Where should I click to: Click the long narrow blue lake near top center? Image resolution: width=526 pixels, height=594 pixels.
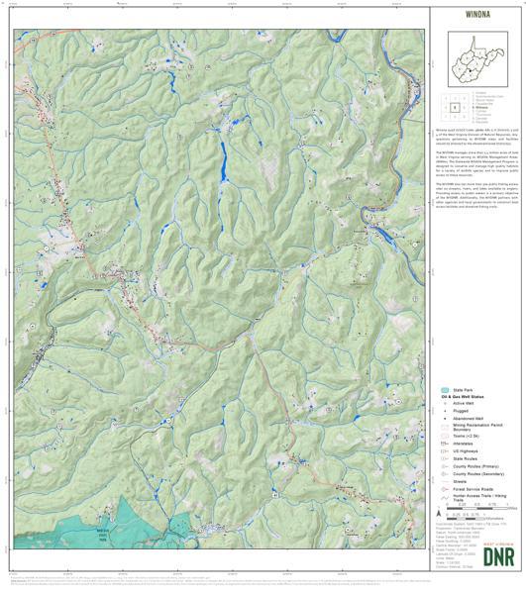(x=222, y=158)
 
